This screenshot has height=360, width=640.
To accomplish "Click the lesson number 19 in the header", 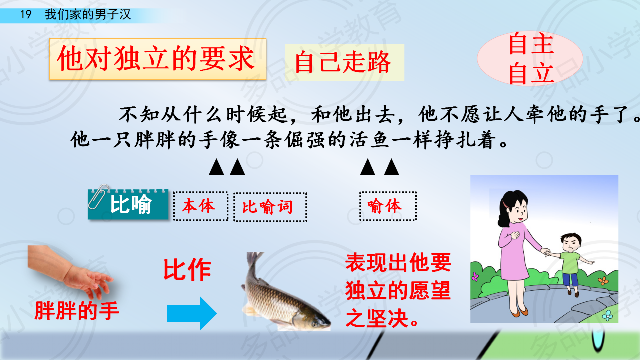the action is click(25, 14).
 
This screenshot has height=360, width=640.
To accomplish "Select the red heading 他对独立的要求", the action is click(156, 59).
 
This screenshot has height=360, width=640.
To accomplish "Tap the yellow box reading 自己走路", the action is click(344, 62).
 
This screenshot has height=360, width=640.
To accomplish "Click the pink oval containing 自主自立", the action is click(530, 59).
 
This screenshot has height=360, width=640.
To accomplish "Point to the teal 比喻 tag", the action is click(128, 204).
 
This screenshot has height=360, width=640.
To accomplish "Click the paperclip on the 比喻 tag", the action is click(98, 196).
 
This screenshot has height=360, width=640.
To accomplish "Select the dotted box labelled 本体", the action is click(200, 206).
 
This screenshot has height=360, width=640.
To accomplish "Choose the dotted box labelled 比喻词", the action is click(270, 207).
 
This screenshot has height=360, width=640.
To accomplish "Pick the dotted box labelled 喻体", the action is click(388, 206).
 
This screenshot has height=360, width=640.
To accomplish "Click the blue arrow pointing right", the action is click(191, 313).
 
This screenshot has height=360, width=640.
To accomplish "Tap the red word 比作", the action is click(187, 270).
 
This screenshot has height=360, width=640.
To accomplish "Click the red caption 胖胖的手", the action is click(76, 311).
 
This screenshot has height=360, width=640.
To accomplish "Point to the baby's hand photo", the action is click(71, 271).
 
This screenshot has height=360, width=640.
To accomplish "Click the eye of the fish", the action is click(314, 324).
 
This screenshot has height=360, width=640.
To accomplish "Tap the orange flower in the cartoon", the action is click(603, 281).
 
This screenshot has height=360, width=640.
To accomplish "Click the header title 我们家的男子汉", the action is click(88, 14).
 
